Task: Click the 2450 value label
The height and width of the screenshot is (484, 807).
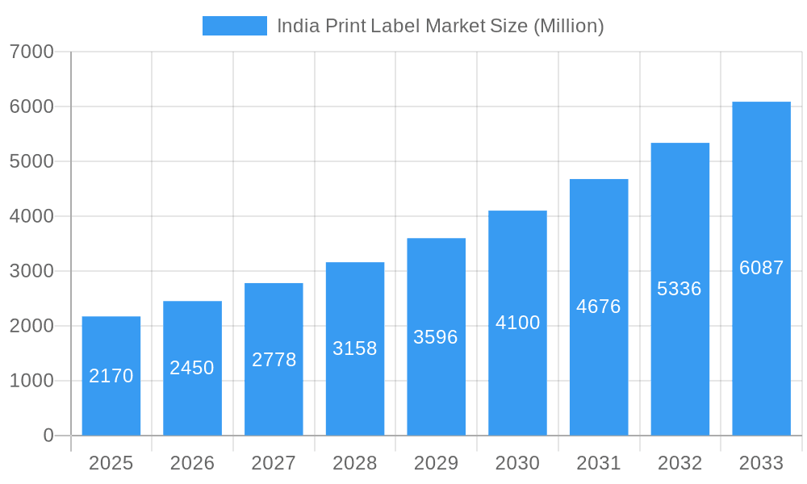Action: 192,368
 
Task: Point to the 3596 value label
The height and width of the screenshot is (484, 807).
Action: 436,337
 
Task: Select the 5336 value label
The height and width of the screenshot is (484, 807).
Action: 679,289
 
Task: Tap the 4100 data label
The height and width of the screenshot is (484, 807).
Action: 517,323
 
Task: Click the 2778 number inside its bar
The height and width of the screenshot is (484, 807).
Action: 274,360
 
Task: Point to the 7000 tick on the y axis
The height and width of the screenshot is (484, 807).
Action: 31,52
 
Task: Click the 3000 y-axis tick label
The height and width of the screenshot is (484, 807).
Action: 31,271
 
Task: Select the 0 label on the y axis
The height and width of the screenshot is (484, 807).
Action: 48,436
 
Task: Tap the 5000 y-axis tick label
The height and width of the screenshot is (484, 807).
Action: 31,161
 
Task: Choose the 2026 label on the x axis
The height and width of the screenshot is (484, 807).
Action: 192,463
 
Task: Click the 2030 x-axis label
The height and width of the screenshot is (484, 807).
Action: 517,463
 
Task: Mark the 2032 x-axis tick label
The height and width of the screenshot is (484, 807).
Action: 679,463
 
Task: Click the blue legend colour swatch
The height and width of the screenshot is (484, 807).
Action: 234,26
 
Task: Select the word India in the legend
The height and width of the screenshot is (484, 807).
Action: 299,26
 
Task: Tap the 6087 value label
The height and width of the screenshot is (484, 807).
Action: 761,268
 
